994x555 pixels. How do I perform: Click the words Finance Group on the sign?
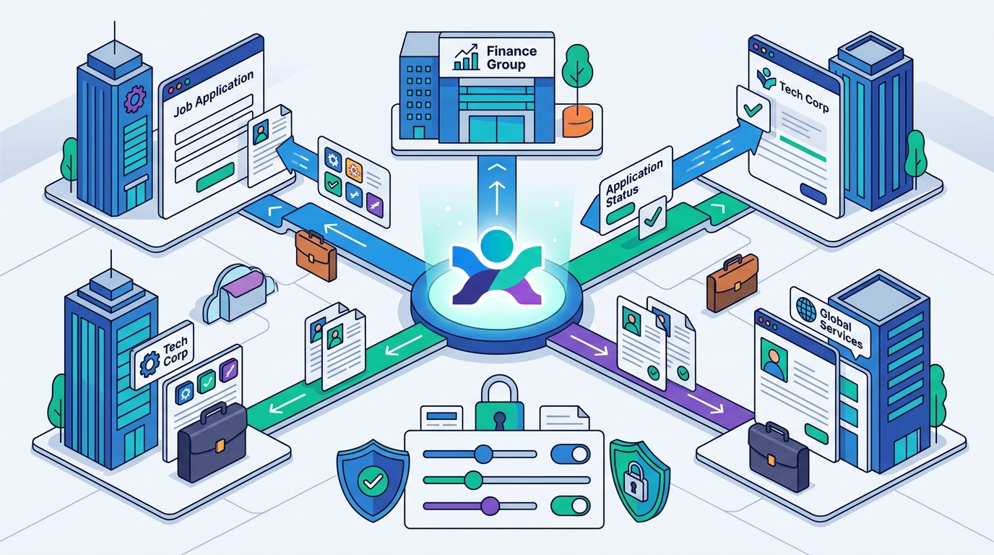[x=511, y=58]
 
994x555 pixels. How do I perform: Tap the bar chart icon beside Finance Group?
[x=466, y=57]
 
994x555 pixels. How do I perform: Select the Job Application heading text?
[x=213, y=94]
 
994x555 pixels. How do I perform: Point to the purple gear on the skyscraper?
[x=135, y=99]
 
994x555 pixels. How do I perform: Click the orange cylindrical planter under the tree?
[x=577, y=121]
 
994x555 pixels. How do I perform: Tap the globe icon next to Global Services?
[x=806, y=309]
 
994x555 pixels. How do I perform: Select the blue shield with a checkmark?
[x=373, y=480]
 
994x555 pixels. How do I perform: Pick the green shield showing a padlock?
[x=639, y=481]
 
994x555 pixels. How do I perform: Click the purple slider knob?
[x=490, y=506]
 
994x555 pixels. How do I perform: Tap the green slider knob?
[x=473, y=480]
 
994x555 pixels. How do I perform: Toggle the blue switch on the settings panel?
[x=570, y=455]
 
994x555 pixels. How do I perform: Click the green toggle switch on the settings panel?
[x=570, y=506]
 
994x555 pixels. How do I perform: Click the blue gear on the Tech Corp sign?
[x=150, y=363]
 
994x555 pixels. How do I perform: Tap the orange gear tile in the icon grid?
[x=354, y=170]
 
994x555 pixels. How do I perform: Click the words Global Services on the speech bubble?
[x=840, y=327]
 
